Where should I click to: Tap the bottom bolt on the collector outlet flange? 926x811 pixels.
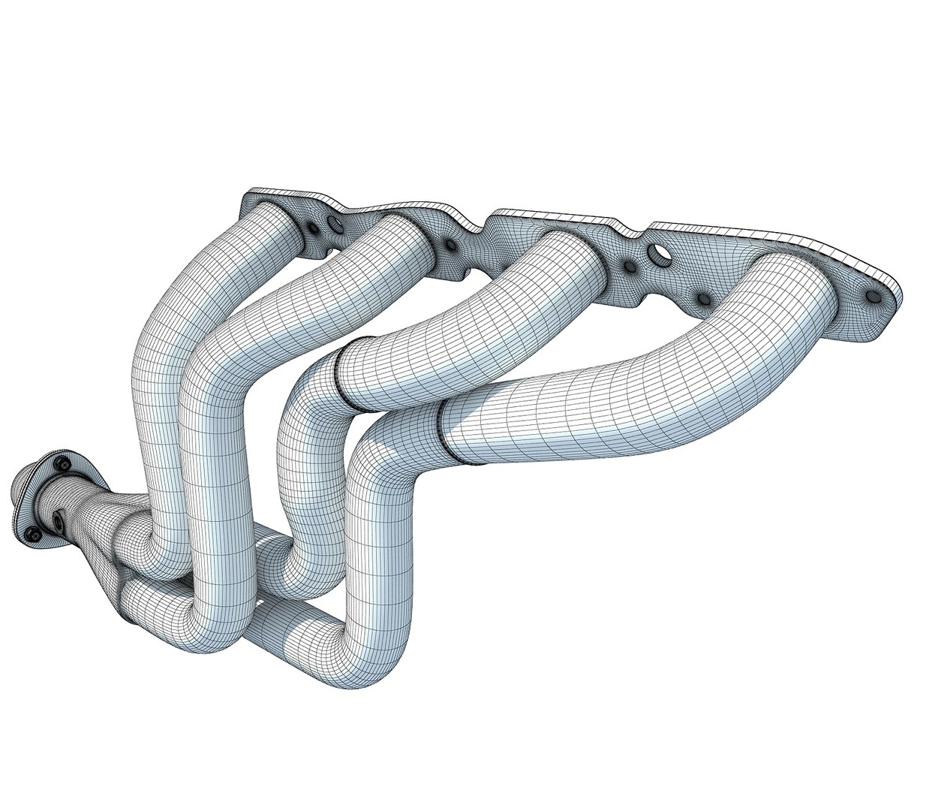coord(33,534)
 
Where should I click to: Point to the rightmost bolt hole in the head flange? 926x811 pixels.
coord(873,297)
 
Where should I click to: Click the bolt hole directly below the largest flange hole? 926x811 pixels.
coord(704,300)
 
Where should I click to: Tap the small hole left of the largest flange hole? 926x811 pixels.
coord(629,265)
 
